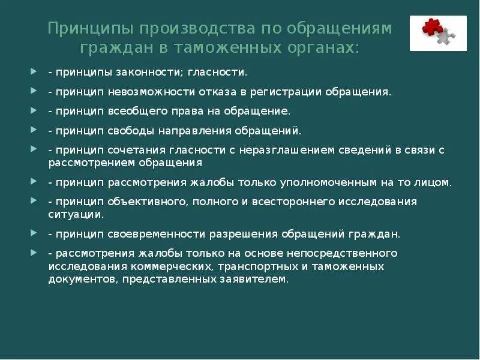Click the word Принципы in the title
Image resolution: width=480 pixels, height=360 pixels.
89,28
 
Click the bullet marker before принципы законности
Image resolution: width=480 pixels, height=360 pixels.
34,71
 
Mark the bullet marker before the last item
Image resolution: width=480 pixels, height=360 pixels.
34,253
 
